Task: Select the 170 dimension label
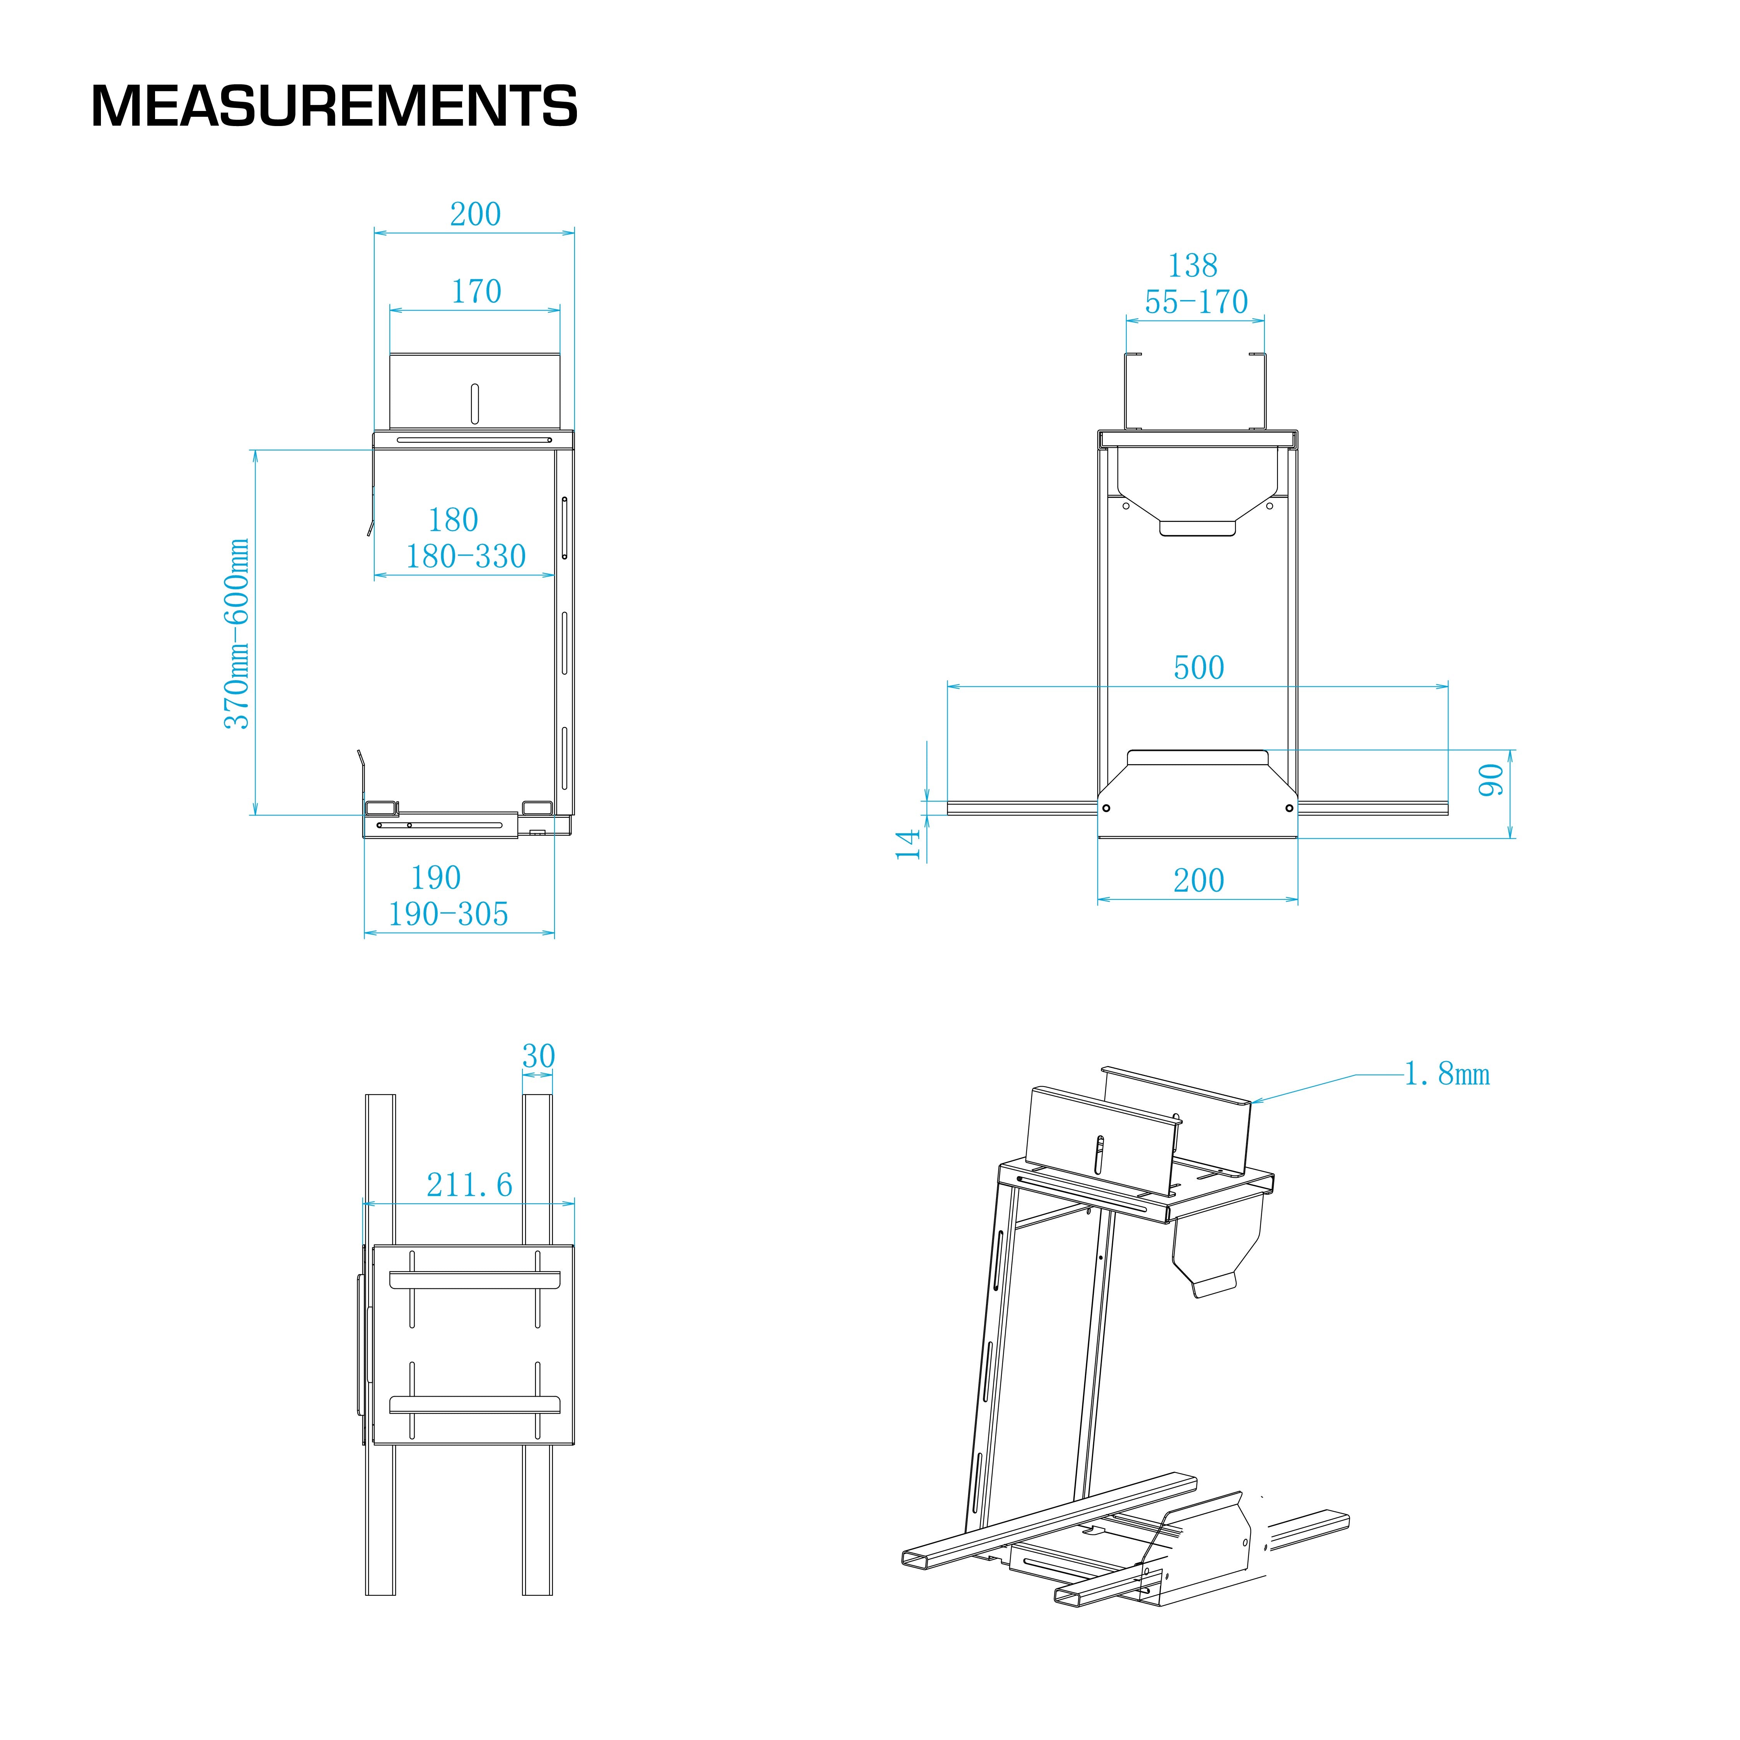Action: pyautogui.click(x=476, y=292)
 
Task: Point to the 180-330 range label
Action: pyautogui.click(x=466, y=556)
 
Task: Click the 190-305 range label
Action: pyautogui.click(x=448, y=914)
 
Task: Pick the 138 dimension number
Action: pyautogui.click(x=1192, y=266)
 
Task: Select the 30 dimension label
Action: pyautogui.click(x=539, y=1056)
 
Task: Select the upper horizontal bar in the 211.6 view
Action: pyautogui.click(x=474, y=1279)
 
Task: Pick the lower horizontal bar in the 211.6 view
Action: pyautogui.click(x=474, y=1403)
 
